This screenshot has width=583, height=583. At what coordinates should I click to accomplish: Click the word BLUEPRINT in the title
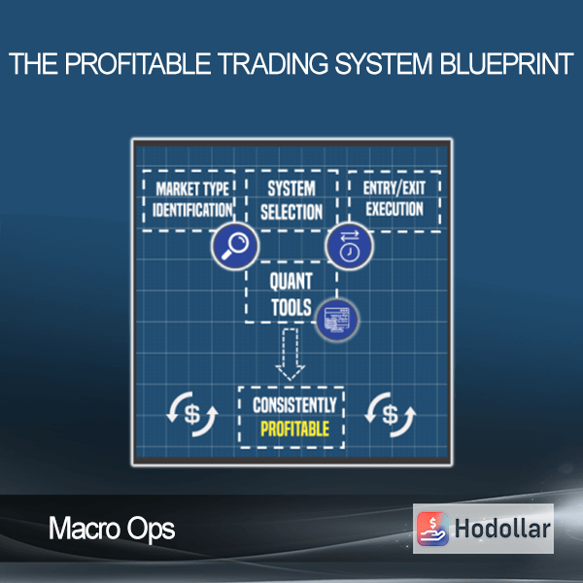pyautogui.click(x=507, y=63)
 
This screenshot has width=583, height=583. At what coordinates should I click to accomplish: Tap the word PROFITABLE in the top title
pyautogui.click(x=138, y=63)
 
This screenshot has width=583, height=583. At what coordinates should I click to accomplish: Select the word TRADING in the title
pyautogui.click(x=273, y=63)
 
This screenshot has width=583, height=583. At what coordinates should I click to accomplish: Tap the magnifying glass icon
pyautogui.click(x=235, y=246)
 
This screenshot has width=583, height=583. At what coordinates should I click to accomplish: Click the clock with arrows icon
pyautogui.click(x=349, y=246)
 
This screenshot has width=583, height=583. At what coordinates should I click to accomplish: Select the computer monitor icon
pyautogui.click(x=337, y=320)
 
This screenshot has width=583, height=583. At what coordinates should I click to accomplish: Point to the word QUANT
pyautogui.click(x=291, y=281)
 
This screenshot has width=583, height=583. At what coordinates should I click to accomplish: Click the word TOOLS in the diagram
pyautogui.click(x=291, y=307)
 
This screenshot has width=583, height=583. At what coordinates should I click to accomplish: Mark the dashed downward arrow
pyautogui.click(x=290, y=355)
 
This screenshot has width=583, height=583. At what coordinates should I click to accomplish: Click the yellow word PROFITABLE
pyautogui.click(x=294, y=429)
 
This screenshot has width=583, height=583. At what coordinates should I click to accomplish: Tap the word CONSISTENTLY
pyautogui.click(x=294, y=405)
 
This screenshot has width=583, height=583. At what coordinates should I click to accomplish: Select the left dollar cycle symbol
pyautogui.click(x=191, y=414)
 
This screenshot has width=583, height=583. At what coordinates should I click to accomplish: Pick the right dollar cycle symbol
pyautogui.click(x=391, y=414)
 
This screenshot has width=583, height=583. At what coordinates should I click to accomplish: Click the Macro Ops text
pyautogui.click(x=112, y=530)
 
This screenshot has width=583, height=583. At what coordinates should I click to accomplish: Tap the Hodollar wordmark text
pyautogui.click(x=502, y=529)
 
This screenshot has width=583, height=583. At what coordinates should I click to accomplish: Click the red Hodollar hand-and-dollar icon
pyautogui.click(x=432, y=529)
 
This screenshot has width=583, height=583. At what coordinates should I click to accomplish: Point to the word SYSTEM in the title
pyautogui.click(x=384, y=63)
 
